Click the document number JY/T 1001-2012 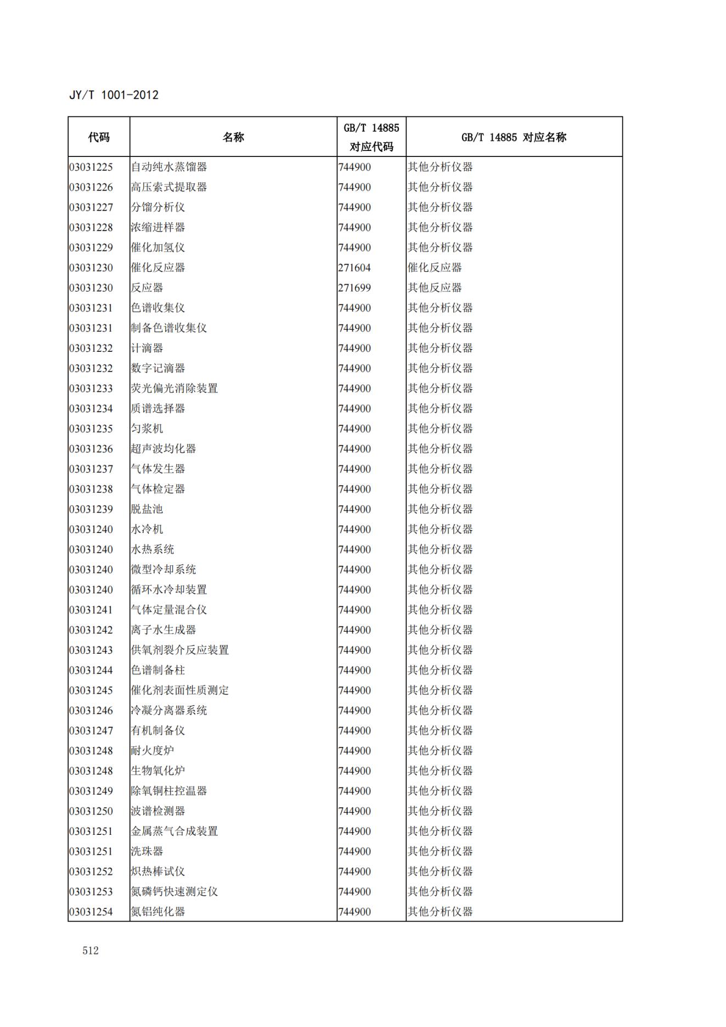(114, 95)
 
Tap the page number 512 (91, 951)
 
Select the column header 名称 (233, 137)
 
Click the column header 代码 (99, 137)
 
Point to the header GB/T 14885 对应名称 (514, 137)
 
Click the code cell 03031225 (91, 167)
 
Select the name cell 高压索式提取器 (169, 187)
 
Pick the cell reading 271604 (354, 268)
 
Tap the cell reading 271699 (354, 288)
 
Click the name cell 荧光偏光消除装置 (175, 389)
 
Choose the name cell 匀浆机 (147, 429)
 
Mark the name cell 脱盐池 (147, 509)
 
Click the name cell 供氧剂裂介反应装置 (180, 650)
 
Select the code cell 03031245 (91, 691)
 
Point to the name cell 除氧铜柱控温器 (169, 791)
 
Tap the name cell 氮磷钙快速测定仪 (175, 891)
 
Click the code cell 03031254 (91, 912)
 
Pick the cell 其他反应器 (435, 288)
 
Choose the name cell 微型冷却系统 (164, 570)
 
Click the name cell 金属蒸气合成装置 (175, 831)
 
